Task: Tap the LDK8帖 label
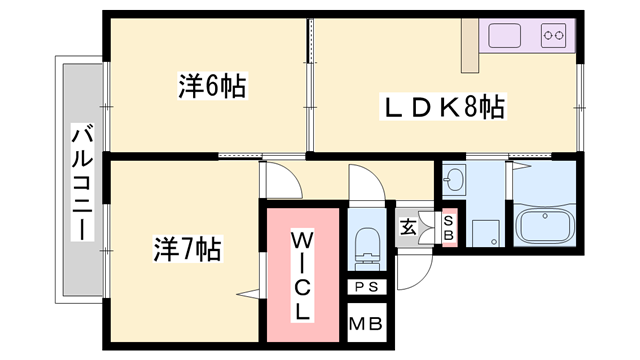pyautogui.click(x=441, y=107)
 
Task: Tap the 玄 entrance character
pyautogui.click(x=409, y=227)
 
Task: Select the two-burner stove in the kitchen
pyautogui.click(x=553, y=36)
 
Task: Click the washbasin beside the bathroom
pyautogui.click(x=455, y=181)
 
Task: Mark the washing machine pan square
pyautogui.click(x=485, y=232)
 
